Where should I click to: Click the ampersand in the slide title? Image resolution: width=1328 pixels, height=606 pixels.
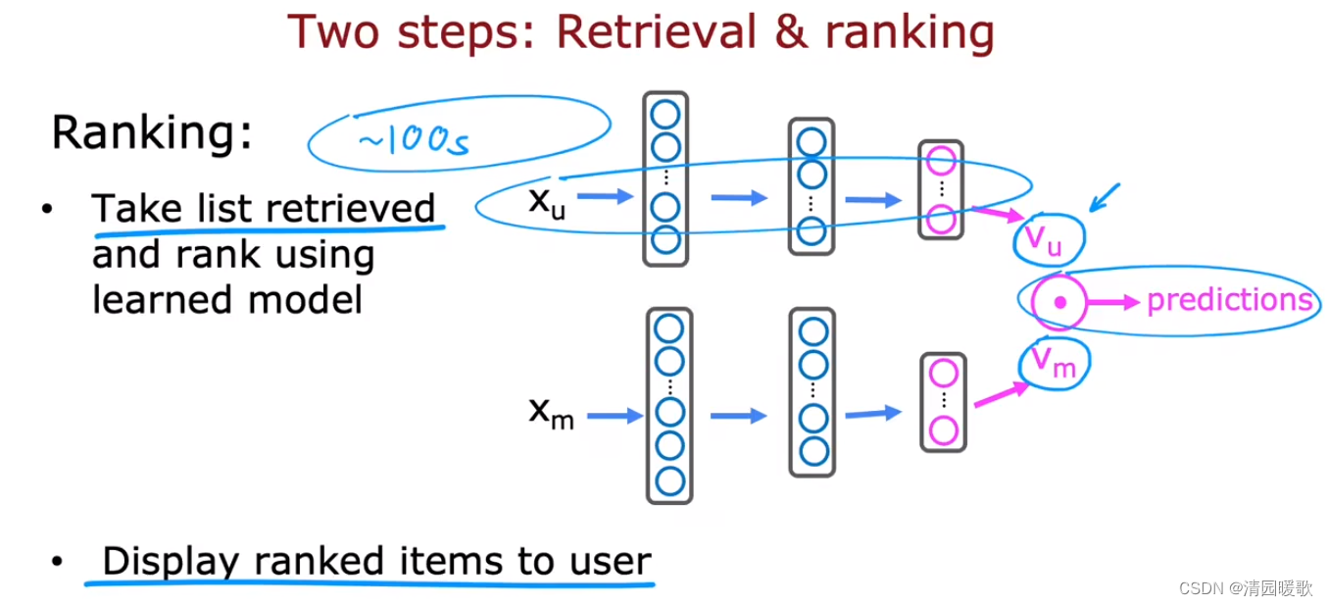tap(792, 31)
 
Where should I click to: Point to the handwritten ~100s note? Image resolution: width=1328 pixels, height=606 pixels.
tap(414, 141)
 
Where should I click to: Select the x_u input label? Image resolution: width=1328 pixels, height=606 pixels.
tap(547, 203)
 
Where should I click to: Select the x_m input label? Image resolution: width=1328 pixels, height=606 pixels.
tap(552, 413)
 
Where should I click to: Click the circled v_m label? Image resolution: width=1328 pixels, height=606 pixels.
tap(1054, 363)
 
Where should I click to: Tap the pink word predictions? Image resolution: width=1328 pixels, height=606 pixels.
tap(1230, 300)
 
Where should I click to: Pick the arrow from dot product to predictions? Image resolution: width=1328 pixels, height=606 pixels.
tap(1113, 302)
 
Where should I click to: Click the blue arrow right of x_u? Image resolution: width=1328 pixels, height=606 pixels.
tap(606, 196)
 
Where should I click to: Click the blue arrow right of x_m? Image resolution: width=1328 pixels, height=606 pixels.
tap(615, 416)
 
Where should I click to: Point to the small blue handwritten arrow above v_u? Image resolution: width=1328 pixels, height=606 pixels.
tap(1104, 197)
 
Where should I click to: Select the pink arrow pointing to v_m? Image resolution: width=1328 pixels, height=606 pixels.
tap(1002, 394)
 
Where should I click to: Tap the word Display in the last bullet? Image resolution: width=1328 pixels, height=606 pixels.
tap(170, 562)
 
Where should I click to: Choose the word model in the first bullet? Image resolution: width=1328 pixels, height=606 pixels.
tap(305, 300)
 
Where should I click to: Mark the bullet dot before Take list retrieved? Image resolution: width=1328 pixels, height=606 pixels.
tap(47, 209)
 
